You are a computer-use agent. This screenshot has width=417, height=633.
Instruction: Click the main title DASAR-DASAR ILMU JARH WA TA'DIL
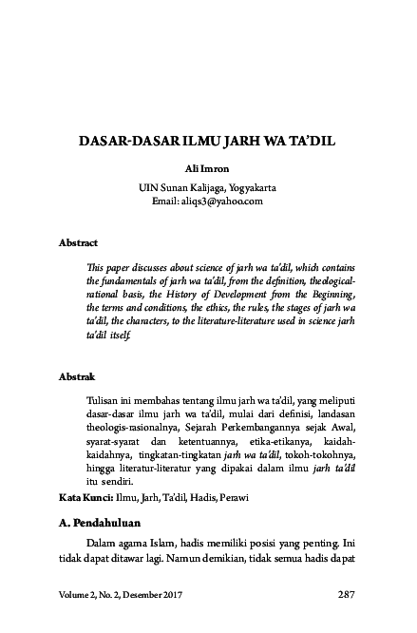(207, 149)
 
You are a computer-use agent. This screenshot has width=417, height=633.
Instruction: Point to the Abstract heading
(78, 243)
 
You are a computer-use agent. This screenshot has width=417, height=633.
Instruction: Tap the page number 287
(346, 595)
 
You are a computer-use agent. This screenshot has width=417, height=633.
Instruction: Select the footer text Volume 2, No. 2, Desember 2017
(121, 595)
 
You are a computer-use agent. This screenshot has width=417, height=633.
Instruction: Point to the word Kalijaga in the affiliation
(198, 187)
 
